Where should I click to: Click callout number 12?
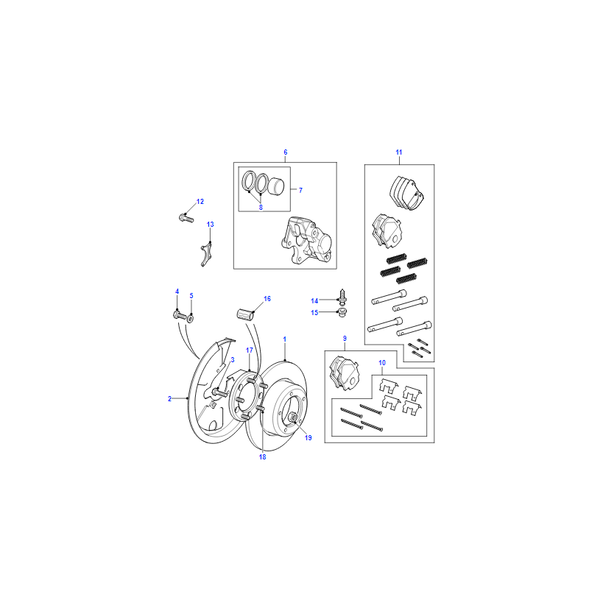coord(200,202)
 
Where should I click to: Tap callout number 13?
coord(210,225)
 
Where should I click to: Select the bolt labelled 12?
coord(186,218)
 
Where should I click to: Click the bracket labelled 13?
coord(206,254)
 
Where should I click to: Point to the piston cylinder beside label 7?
coord(276,186)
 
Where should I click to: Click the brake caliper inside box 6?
coord(307,239)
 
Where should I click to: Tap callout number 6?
coord(286,152)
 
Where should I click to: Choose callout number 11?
coord(399,152)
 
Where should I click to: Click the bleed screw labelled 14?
coord(342,297)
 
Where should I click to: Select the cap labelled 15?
coord(342,312)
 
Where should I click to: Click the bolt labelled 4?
coord(180,315)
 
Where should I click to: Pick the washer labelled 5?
coord(191,319)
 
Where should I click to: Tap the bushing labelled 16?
coord(245,314)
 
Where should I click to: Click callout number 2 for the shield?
coord(170,398)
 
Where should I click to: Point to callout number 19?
coord(308,437)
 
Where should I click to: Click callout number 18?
coord(262,456)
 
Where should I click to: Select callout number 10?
coord(382,362)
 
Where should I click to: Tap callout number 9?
coord(345,339)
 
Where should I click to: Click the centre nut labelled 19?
coord(293,417)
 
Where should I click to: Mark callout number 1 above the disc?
coord(285,339)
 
